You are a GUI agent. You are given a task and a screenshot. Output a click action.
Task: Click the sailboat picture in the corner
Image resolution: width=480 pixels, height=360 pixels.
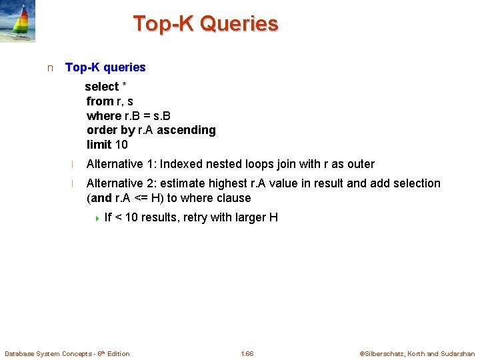coord(18,22)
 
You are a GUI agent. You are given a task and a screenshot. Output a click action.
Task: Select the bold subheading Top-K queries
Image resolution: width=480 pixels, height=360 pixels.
coord(105,67)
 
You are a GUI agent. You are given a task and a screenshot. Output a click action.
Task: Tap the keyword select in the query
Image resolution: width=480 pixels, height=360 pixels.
coord(101,87)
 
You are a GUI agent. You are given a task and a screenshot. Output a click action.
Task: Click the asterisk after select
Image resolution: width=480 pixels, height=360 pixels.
coord(125,86)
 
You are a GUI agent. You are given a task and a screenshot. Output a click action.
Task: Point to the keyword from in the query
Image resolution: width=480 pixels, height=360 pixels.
coord(100,101)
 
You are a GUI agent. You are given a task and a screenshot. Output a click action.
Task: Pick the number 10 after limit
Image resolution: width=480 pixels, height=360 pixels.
coord(121,145)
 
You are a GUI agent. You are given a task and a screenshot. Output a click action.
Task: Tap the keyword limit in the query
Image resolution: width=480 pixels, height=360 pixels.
coord(99,145)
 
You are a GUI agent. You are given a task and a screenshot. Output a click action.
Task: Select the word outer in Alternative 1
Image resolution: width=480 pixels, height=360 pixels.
coord(360,164)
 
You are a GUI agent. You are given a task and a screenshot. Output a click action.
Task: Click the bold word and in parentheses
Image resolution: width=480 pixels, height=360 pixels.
coord(102,198)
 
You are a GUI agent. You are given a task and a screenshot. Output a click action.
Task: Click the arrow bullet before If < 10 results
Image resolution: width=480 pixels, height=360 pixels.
coord(97,218)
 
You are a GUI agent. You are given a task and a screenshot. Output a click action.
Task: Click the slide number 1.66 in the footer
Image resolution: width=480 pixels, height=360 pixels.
coord(247,353)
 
